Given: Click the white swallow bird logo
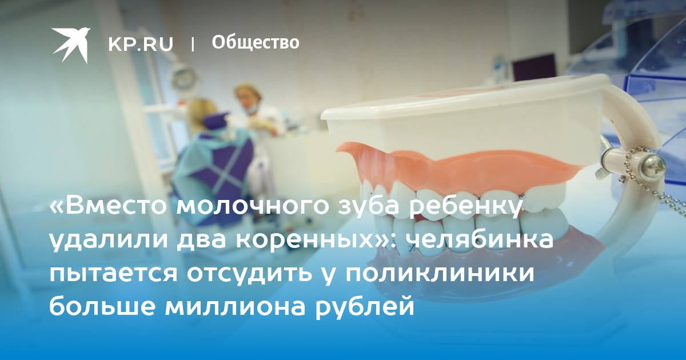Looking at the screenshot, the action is pyautogui.click(x=71, y=45).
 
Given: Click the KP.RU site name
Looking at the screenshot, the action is pyautogui.click(x=141, y=45).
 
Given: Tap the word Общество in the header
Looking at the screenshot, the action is pyautogui.click(x=256, y=42).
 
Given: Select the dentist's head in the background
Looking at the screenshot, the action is pyautogui.click(x=248, y=97).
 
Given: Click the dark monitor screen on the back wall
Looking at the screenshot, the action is pyautogui.click(x=534, y=71).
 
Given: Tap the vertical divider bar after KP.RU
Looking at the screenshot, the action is pyautogui.click(x=193, y=45).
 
